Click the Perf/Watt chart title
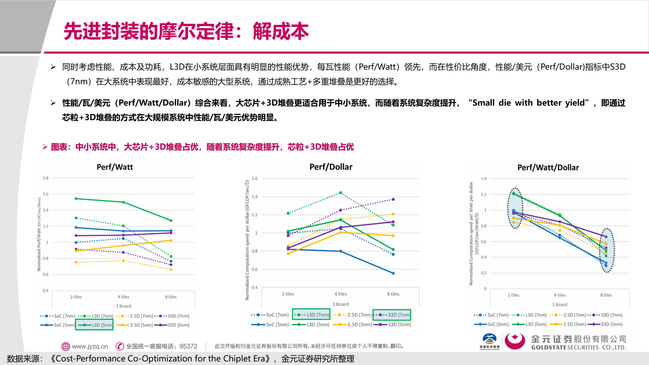pyautogui.click(x=115, y=167)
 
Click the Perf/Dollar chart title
pyautogui.click(x=331, y=167)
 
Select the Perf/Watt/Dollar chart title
pyautogui.click(x=548, y=168)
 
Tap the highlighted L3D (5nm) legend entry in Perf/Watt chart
pyautogui.click(x=94, y=325)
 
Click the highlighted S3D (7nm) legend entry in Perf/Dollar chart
pyautogui.click(x=392, y=315)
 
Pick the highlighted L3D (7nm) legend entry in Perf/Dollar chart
pyautogui.click(x=311, y=315)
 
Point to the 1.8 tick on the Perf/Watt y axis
pyautogui.click(x=46, y=178)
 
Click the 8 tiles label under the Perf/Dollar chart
pyautogui.click(x=393, y=294)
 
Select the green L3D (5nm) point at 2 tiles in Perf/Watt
pyautogui.click(x=76, y=199)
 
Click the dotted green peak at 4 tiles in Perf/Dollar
pyautogui.click(x=340, y=193)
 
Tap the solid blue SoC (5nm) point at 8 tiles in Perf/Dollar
pyautogui.click(x=393, y=273)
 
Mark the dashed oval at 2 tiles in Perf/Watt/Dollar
pyautogui.click(x=515, y=208)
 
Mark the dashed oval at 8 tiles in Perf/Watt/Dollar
pyautogui.click(x=607, y=250)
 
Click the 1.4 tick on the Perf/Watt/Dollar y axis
pyautogui.click(x=483, y=179)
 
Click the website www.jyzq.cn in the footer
pyautogui.click(x=90, y=346)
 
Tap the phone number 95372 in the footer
pyautogui.click(x=188, y=346)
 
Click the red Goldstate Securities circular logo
pyautogui.click(x=514, y=341)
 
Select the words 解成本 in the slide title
pyautogui.click(x=281, y=31)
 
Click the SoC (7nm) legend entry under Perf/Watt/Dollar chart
pyautogui.click(x=491, y=315)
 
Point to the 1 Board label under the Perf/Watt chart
pyautogui.click(x=123, y=306)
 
